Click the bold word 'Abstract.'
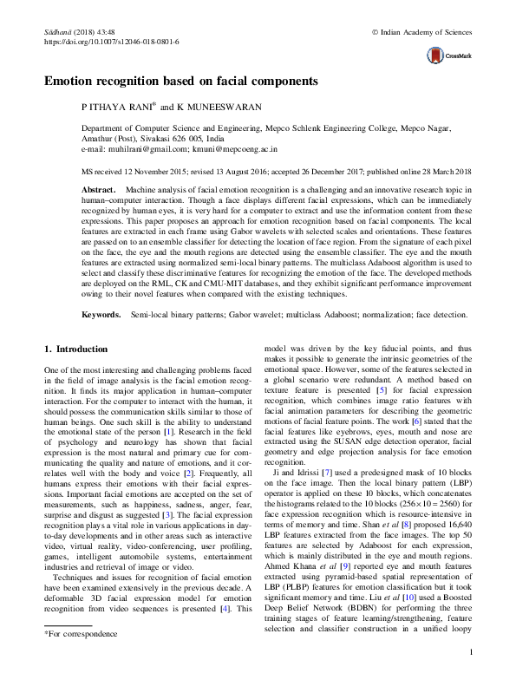98,188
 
